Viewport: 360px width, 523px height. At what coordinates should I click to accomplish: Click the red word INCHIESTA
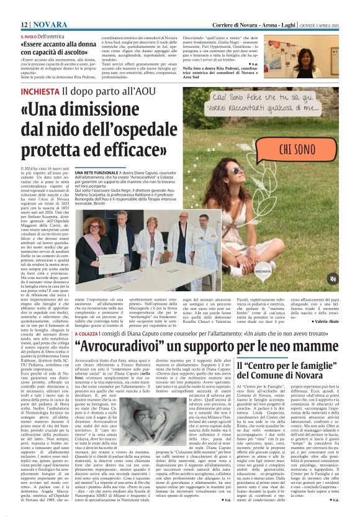tap(40, 91)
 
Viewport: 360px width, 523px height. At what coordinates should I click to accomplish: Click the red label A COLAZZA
tap(84, 331)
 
